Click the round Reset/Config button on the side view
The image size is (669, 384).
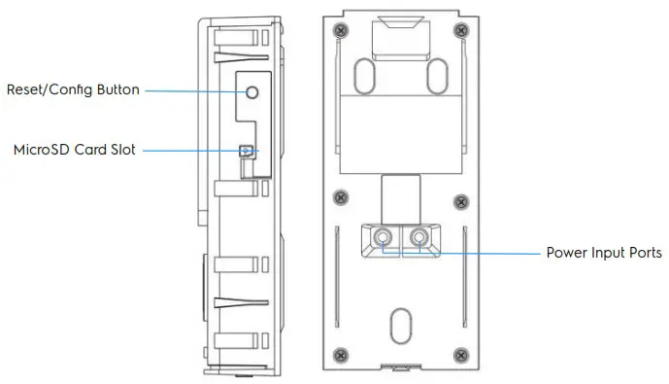pos(251,91)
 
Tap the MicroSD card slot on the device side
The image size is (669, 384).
pos(247,151)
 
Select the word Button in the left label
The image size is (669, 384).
pos(118,90)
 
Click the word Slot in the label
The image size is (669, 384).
pos(122,150)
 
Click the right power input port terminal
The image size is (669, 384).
pos(418,236)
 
